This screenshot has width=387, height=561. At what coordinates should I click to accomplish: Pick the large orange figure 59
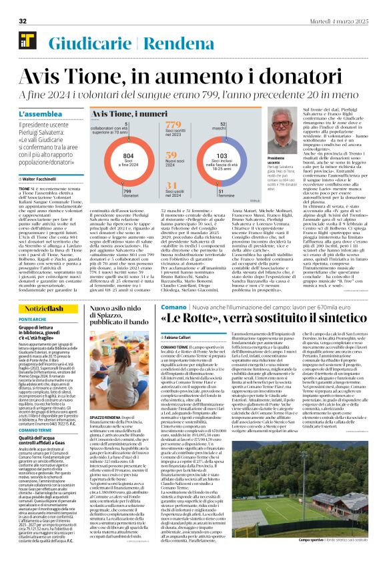[x=171, y=154]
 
